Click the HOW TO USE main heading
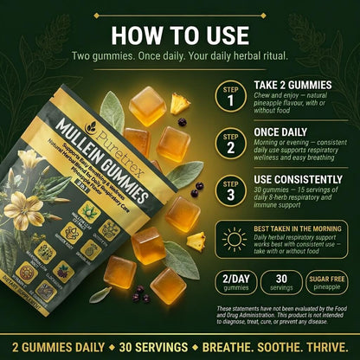180,36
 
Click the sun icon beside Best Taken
234,240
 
